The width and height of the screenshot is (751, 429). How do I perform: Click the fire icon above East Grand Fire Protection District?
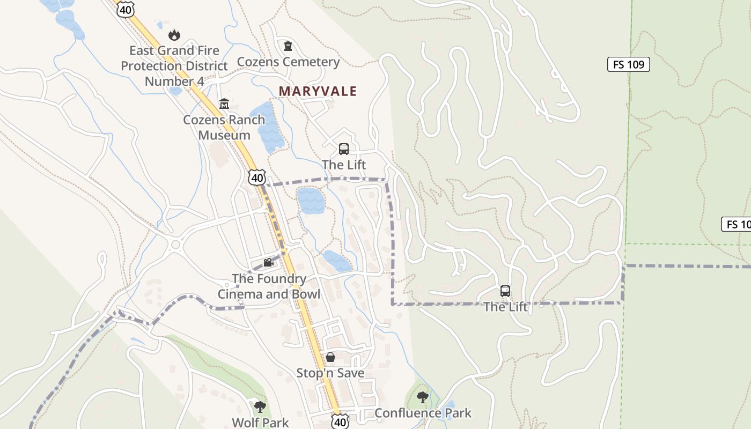coord(174,35)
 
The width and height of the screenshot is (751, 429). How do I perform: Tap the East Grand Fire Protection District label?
coord(174,66)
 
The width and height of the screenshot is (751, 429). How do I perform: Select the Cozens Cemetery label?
coord(288,62)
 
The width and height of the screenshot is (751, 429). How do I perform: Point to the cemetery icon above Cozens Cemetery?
coord(288,46)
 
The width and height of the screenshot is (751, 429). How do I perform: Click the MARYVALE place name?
coord(318,91)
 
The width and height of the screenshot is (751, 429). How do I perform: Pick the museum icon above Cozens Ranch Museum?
coord(224,103)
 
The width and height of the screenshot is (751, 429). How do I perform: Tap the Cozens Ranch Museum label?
coord(224,127)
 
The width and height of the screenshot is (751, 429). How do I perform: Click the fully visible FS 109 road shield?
coord(628,64)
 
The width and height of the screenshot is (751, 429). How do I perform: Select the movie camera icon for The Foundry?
coord(268,263)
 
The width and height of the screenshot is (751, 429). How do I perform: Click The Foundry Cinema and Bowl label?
coord(269,286)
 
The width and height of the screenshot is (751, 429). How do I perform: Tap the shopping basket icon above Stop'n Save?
coord(330,357)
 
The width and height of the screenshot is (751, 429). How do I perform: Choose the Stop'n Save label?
coord(330,373)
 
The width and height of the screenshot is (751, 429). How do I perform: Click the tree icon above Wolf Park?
coord(260,407)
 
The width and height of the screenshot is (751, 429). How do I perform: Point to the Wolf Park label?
coord(260,423)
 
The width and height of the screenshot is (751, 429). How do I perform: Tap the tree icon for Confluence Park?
coord(423,397)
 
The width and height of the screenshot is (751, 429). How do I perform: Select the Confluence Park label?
coord(423,413)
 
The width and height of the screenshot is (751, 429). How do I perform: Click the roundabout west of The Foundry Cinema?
coord(175,246)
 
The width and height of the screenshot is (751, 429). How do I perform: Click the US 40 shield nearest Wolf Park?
coord(340,421)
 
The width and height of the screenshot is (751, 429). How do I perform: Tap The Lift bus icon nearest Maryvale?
coord(344,149)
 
